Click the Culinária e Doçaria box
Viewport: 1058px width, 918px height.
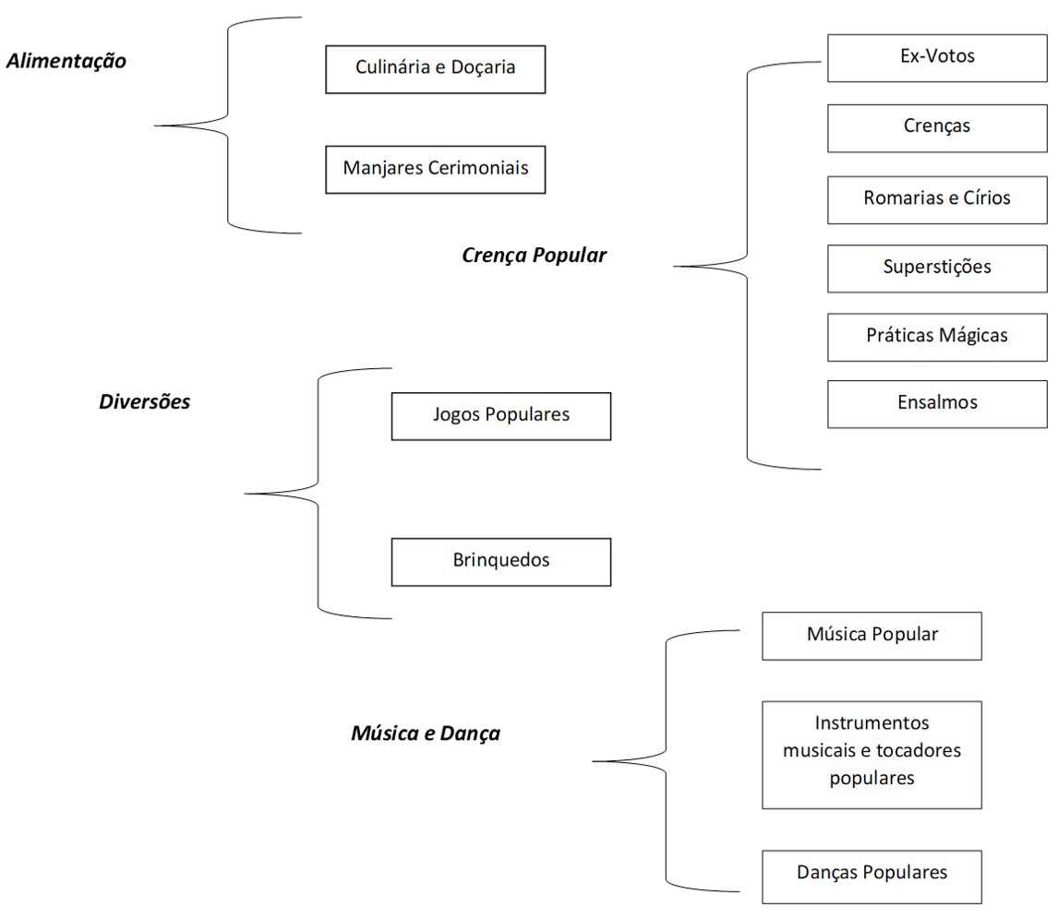point(435,69)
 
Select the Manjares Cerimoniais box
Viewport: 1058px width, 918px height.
point(435,169)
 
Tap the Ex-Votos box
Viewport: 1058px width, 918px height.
point(937,57)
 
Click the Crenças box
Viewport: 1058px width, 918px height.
point(937,127)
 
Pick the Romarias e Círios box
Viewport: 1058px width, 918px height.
point(937,198)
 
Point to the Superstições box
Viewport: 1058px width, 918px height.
point(937,268)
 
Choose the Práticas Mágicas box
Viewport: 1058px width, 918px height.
point(937,336)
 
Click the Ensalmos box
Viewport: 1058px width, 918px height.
point(937,403)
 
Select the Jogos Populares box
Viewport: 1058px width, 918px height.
point(500,415)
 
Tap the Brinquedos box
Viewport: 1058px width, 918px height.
point(500,561)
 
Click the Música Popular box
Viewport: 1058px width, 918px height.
point(872,636)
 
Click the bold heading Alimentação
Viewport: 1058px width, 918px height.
point(66,62)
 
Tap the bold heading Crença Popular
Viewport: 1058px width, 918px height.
point(534,256)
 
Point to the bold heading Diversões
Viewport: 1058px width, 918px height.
point(144,402)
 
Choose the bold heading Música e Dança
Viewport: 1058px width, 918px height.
point(425,734)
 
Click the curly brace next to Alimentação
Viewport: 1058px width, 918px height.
point(228,125)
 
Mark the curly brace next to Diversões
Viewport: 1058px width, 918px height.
point(319,494)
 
